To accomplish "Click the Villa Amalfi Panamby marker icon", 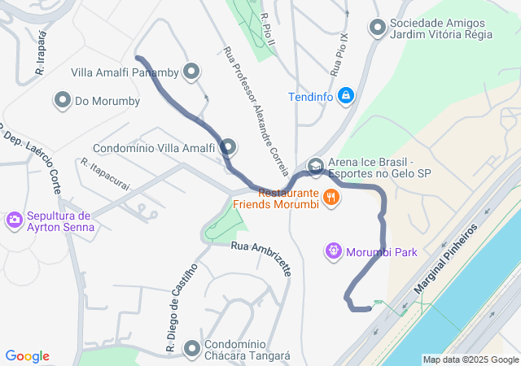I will point(191,72).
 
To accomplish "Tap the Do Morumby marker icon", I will point(63,102).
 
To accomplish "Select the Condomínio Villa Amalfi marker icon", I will point(228,148).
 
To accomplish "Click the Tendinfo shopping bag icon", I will point(346,97).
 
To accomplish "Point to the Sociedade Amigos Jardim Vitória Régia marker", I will point(378,28).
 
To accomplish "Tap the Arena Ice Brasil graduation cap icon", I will point(315,167).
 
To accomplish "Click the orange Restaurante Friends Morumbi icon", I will point(331,196).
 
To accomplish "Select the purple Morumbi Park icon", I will point(332,251).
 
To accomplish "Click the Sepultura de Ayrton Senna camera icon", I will point(14,220).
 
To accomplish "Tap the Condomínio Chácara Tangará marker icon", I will point(192,349).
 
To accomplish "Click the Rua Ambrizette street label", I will point(260,259).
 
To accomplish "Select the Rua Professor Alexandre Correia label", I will point(256,111).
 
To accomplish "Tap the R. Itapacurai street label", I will point(105,174).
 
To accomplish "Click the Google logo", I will point(27,356).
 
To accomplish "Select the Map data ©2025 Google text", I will point(470,359).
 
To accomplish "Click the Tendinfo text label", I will point(311,98).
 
